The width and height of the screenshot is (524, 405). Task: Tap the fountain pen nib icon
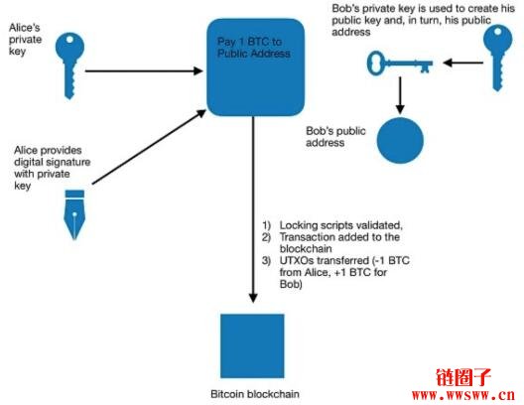[x=74, y=214]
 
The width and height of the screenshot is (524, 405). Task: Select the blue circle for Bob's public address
[x=400, y=140]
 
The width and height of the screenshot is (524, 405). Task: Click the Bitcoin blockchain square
[x=252, y=345]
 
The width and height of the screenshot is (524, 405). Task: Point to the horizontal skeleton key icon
[x=400, y=63]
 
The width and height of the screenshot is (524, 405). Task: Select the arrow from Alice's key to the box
[x=144, y=70]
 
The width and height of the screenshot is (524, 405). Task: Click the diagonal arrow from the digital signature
[x=149, y=147]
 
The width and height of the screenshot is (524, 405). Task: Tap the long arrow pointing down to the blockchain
[x=253, y=209]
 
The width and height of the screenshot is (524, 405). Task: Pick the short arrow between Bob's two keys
[x=462, y=63]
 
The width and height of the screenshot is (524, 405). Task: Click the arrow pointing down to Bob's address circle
[x=400, y=95]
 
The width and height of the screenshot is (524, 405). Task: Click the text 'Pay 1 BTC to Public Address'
[x=254, y=48]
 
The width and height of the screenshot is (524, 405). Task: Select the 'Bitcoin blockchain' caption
[x=255, y=394]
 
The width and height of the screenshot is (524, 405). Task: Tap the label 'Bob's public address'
[x=335, y=137]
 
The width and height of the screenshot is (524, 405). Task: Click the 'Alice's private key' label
[x=26, y=40]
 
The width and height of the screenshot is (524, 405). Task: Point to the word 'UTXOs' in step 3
[x=297, y=260]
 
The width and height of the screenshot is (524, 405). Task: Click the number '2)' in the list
[x=266, y=237]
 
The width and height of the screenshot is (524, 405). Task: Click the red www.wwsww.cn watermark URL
[x=463, y=396]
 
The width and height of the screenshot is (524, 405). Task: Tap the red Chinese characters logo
[x=463, y=377]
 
